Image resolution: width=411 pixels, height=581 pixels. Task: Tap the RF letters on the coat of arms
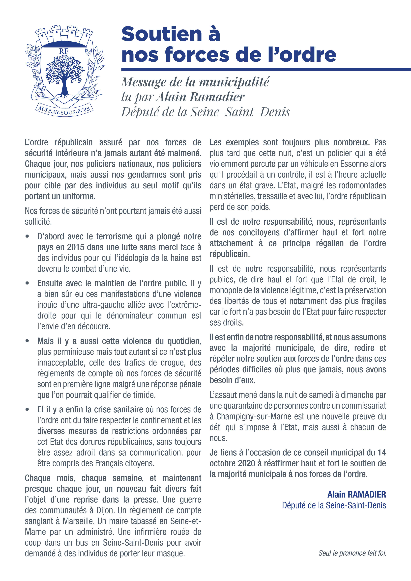(64, 51)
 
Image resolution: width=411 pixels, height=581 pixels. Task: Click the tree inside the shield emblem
(65, 75)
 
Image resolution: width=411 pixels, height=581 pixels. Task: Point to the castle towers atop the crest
(64, 34)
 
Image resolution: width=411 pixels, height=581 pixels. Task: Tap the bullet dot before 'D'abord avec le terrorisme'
(27, 236)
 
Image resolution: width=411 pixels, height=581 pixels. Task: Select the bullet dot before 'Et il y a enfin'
(27, 409)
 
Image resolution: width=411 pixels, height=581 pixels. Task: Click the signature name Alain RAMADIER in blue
(356, 494)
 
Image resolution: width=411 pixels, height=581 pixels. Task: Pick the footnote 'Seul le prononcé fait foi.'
(352, 553)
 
